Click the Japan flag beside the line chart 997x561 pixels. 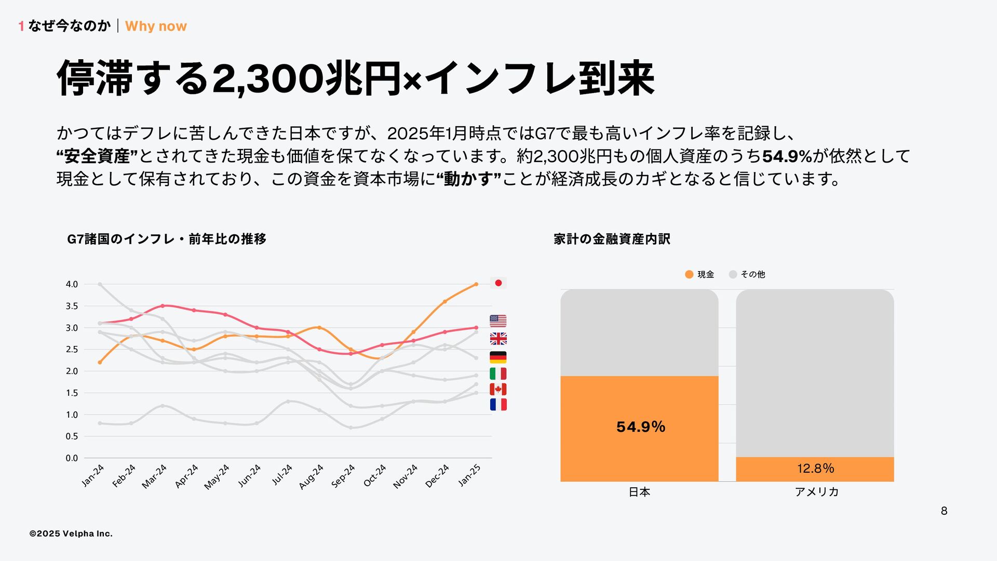498,283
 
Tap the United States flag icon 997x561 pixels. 498,320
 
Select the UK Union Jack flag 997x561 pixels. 498,339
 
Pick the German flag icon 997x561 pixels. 498,357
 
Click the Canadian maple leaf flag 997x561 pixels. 498,389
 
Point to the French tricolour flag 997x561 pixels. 498,404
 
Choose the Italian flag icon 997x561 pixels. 498,373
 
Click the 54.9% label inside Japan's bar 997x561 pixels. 641,427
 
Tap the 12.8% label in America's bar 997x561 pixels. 815,469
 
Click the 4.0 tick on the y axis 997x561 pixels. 72,284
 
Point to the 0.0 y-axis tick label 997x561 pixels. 72,458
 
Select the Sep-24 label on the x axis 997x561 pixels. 343,475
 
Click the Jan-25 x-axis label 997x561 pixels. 469,475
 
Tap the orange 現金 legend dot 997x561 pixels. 689,274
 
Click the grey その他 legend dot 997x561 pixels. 733,274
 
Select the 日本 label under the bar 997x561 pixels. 639,492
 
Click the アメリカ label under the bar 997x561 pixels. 816,492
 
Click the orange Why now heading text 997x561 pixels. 156,26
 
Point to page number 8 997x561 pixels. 944,511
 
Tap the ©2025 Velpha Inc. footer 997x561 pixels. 71,533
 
